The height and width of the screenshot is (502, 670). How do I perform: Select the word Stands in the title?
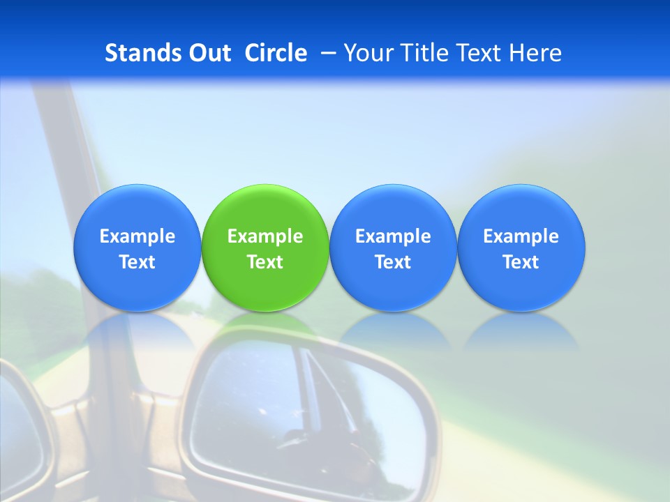point(142,53)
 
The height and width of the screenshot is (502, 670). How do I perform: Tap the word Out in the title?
point(209,53)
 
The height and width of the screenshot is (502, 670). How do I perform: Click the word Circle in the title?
point(276,53)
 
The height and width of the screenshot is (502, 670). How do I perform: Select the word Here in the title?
point(536,53)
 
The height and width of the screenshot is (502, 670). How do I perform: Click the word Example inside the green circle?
point(265,236)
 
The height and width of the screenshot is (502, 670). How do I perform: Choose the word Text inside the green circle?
point(265,262)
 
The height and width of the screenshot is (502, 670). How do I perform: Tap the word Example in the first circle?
point(137,236)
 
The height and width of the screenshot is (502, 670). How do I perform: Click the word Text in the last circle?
point(521,262)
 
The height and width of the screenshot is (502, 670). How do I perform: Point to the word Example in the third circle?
point(393,236)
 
